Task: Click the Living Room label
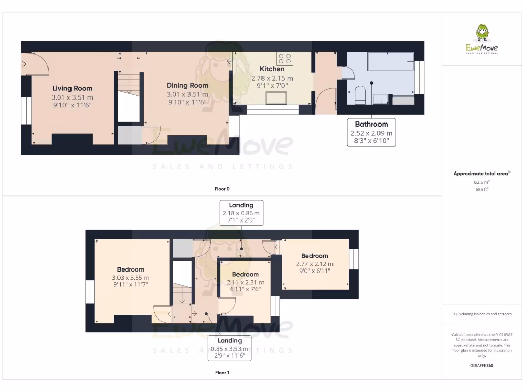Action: point(73,88)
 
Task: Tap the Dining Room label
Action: point(187,85)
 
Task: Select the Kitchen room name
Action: point(272,69)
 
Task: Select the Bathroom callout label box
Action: point(371,133)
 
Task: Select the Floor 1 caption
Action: point(222,373)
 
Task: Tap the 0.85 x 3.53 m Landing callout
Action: point(229,349)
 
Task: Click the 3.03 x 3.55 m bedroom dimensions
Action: point(131,278)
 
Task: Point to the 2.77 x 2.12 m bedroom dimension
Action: point(315,264)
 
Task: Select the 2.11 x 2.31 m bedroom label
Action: point(246,282)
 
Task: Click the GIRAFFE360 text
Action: point(482,366)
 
